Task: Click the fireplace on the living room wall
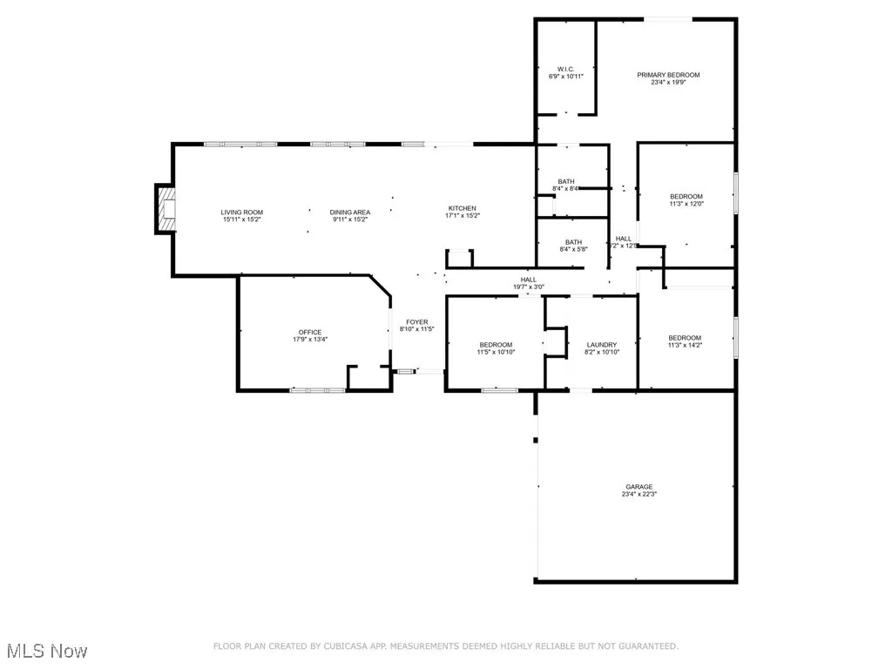[x=166, y=210]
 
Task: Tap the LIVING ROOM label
[x=241, y=213]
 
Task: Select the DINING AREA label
[x=350, y=213]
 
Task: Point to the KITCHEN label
[x=463, y=208]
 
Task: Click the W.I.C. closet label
[x=565, y=69]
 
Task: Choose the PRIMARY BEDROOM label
[x=668, y=75]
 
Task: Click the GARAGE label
[x=639, y=487]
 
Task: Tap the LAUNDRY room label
[x=602, y=345]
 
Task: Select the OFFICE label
[x=310, y=332]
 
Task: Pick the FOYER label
[x=416, y=322]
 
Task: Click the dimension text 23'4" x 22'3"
[x=639, y=495]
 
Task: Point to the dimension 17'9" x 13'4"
[x=310, y=340]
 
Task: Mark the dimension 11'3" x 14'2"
[x=685, y=346]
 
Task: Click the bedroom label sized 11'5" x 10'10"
[x=495, y=345]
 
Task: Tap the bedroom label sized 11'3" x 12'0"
[x=686, y=197]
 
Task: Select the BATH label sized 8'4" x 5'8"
[x=573, y=242]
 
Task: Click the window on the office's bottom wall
[x=317, y=390]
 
